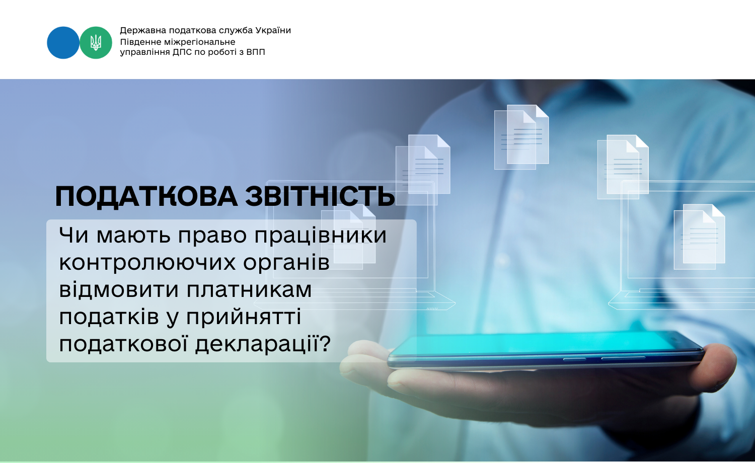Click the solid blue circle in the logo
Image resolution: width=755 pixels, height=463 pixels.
(x=63, y=43)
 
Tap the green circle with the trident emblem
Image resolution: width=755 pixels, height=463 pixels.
(x=96, y=43)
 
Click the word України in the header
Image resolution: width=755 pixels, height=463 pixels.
(x=273, y=30)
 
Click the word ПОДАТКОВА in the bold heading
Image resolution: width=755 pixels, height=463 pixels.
(x=146, y=196)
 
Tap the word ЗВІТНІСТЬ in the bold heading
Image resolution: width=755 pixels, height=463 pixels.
(x=320, y=196)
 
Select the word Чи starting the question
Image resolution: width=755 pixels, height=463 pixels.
(x=74, y=235)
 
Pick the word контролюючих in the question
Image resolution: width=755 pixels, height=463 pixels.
(x=147, y=263)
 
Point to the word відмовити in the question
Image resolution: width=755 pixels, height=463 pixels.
(x=119, y=289)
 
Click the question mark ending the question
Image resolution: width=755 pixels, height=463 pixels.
(x=325, y=343)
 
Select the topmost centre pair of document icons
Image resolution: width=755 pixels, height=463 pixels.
(x=521, y=137)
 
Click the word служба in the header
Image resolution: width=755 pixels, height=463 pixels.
(x=236, y=30)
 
